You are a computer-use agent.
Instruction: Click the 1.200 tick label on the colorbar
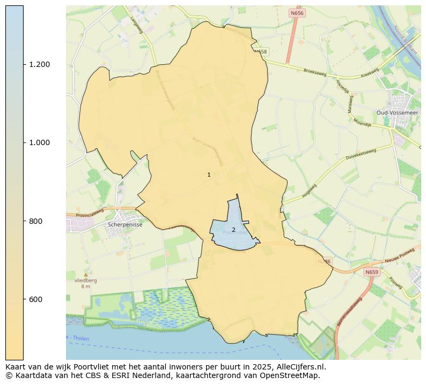[x=39, y=64]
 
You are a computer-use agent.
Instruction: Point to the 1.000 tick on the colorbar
[x=39, y=142]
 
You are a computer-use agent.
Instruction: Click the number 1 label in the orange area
[x=209, y=175]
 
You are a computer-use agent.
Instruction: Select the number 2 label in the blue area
[x=233, y=230]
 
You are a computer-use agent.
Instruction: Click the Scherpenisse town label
[x=125, y=225]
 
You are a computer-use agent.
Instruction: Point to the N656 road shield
[x=297, y=13]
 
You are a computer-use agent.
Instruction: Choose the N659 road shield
[x=371, y=273]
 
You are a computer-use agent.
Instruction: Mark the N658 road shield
[x=260, y=51]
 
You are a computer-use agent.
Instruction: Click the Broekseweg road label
[x=315, y=71]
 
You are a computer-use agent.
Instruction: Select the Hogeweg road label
[x=310, y=191]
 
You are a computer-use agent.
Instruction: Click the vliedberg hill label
[x=86, y=280]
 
